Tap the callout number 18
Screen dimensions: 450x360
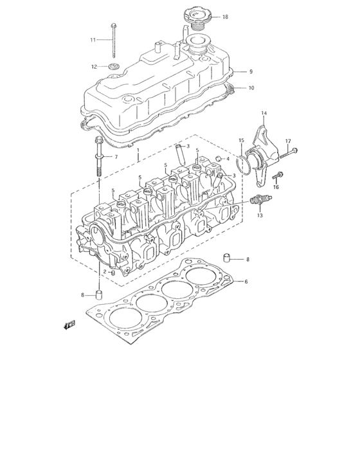pos(225,17)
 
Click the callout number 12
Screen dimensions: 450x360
pos(94,66)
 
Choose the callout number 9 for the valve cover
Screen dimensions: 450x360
pos(251,71)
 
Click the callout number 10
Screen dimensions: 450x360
pos(251,87)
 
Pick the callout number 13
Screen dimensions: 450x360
pos(260,216)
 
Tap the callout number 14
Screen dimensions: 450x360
pos(263,113)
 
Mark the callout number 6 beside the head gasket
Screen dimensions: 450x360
pos(246,282)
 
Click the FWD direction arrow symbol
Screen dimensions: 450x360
pos(67,325)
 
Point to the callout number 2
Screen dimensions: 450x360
pos(105,272)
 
